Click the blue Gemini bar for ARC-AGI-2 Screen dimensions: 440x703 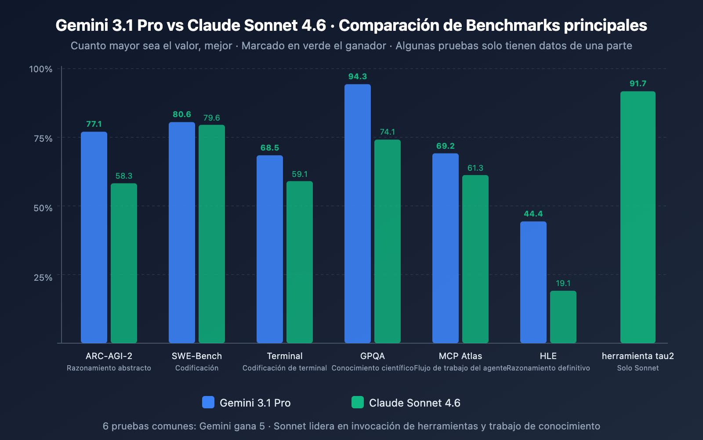click(94, 238)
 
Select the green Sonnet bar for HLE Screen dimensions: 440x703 click(563, 317)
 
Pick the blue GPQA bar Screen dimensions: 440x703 click(358, 214)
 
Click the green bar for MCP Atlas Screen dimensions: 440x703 click(475, 259)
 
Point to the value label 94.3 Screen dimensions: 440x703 click(358, 77)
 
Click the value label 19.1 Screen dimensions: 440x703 click(563, 283)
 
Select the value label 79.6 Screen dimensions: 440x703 click(211, 118)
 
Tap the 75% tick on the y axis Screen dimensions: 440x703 click(43, 139)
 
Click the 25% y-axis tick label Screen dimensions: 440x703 click(43, 278)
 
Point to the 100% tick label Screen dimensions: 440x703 click(41, 69)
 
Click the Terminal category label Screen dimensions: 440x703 click(285, 356)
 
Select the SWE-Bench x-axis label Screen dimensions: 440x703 click(197, 356)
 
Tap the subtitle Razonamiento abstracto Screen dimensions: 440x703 click(109, 368)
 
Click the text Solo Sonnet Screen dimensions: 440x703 click(638, 368)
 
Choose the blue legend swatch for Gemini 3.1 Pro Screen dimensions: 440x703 click(208, 402)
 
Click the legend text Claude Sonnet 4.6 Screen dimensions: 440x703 click(414, 403)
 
